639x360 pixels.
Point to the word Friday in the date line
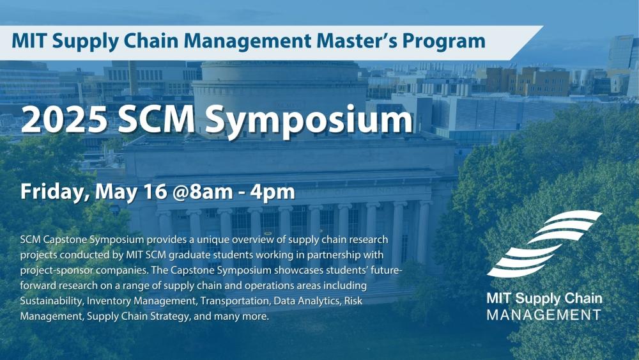50,191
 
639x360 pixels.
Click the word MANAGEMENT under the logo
543,315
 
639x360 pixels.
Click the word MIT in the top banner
31,42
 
